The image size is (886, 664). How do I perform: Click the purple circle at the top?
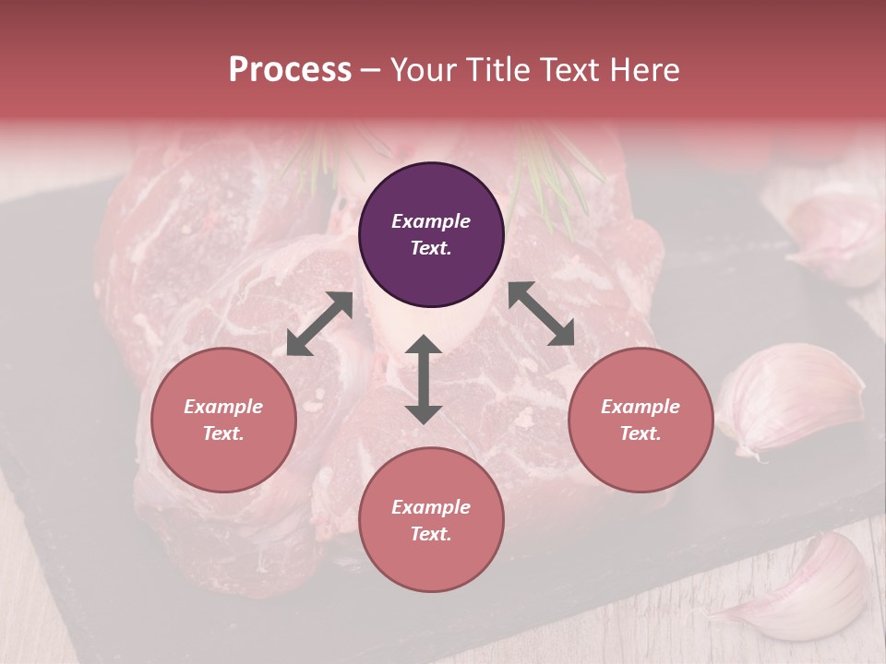pos(431,234)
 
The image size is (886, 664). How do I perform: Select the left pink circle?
pos(223,420)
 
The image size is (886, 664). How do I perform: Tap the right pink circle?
pos(641,420)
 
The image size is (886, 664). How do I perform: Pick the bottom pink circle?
pos(431,520)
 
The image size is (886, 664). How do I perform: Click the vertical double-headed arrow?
pos(424,379)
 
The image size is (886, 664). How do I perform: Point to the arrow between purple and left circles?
pos(319,324)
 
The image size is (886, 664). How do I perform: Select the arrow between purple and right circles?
pos(541,314)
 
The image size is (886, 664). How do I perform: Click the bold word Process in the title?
pos(290,70)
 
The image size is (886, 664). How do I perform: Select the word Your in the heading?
pos(424,70)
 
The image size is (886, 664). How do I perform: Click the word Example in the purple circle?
pos(431,221)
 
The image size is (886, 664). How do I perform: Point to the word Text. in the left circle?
pos(223,433)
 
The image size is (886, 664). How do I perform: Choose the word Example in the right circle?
pos(641,407)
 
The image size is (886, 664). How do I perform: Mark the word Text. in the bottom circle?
pos(431,534)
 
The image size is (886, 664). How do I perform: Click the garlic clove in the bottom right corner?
pos(803,590)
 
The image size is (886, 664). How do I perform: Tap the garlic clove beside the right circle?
pos(789,397)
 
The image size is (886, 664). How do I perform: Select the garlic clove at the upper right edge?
pos(835,231)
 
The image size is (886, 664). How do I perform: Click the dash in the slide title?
pos(371,70)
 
